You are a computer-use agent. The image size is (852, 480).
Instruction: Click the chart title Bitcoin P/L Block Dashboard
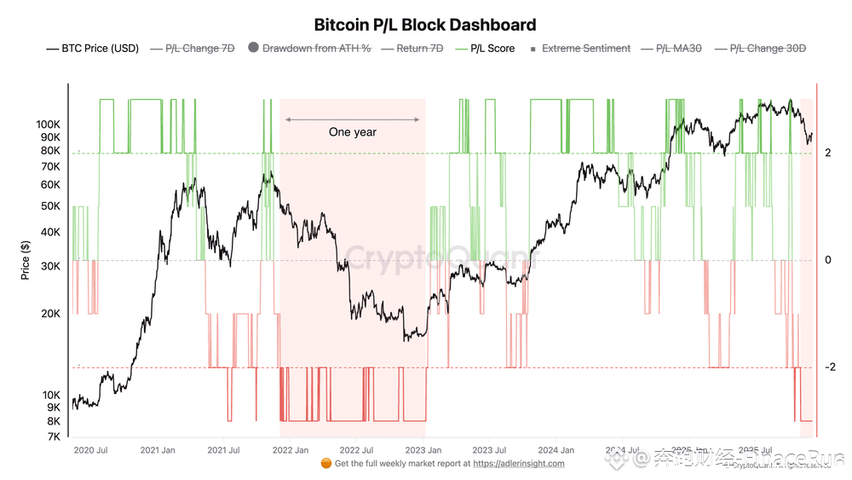425,25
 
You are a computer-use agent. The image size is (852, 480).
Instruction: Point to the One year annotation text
353,132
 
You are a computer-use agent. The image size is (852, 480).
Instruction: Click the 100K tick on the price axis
48,124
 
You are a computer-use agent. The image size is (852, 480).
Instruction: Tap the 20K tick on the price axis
50,314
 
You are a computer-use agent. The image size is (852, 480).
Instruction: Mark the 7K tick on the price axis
53,437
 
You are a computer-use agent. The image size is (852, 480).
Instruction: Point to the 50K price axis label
50,206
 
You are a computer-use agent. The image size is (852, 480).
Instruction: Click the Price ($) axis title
25,260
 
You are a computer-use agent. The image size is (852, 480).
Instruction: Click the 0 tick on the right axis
827,260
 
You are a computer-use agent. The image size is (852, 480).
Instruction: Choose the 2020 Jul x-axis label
90,450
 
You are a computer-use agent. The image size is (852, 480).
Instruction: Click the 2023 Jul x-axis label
489,450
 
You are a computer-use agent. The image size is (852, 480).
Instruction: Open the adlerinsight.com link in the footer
518,464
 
